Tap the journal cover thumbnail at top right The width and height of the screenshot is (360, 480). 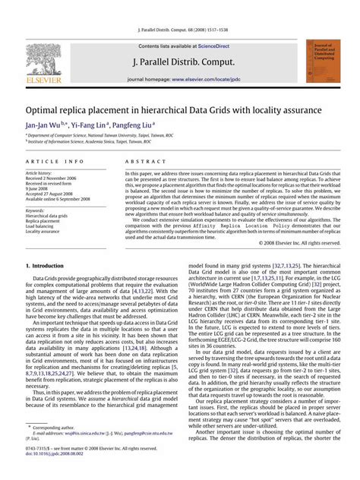321,60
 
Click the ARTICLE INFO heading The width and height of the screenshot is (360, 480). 55,162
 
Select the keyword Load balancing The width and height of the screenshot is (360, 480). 43,226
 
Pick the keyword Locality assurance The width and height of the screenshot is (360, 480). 45,231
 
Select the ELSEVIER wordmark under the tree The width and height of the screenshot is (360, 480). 43,77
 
